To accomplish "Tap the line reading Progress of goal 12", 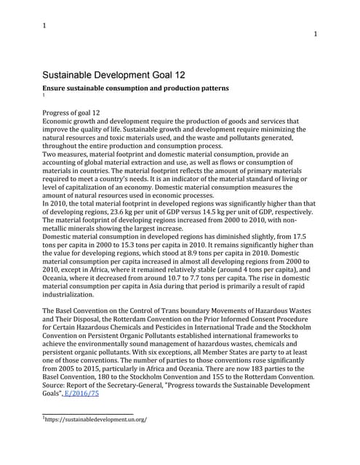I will point(71,113).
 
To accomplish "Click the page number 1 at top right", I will point(315,34).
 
